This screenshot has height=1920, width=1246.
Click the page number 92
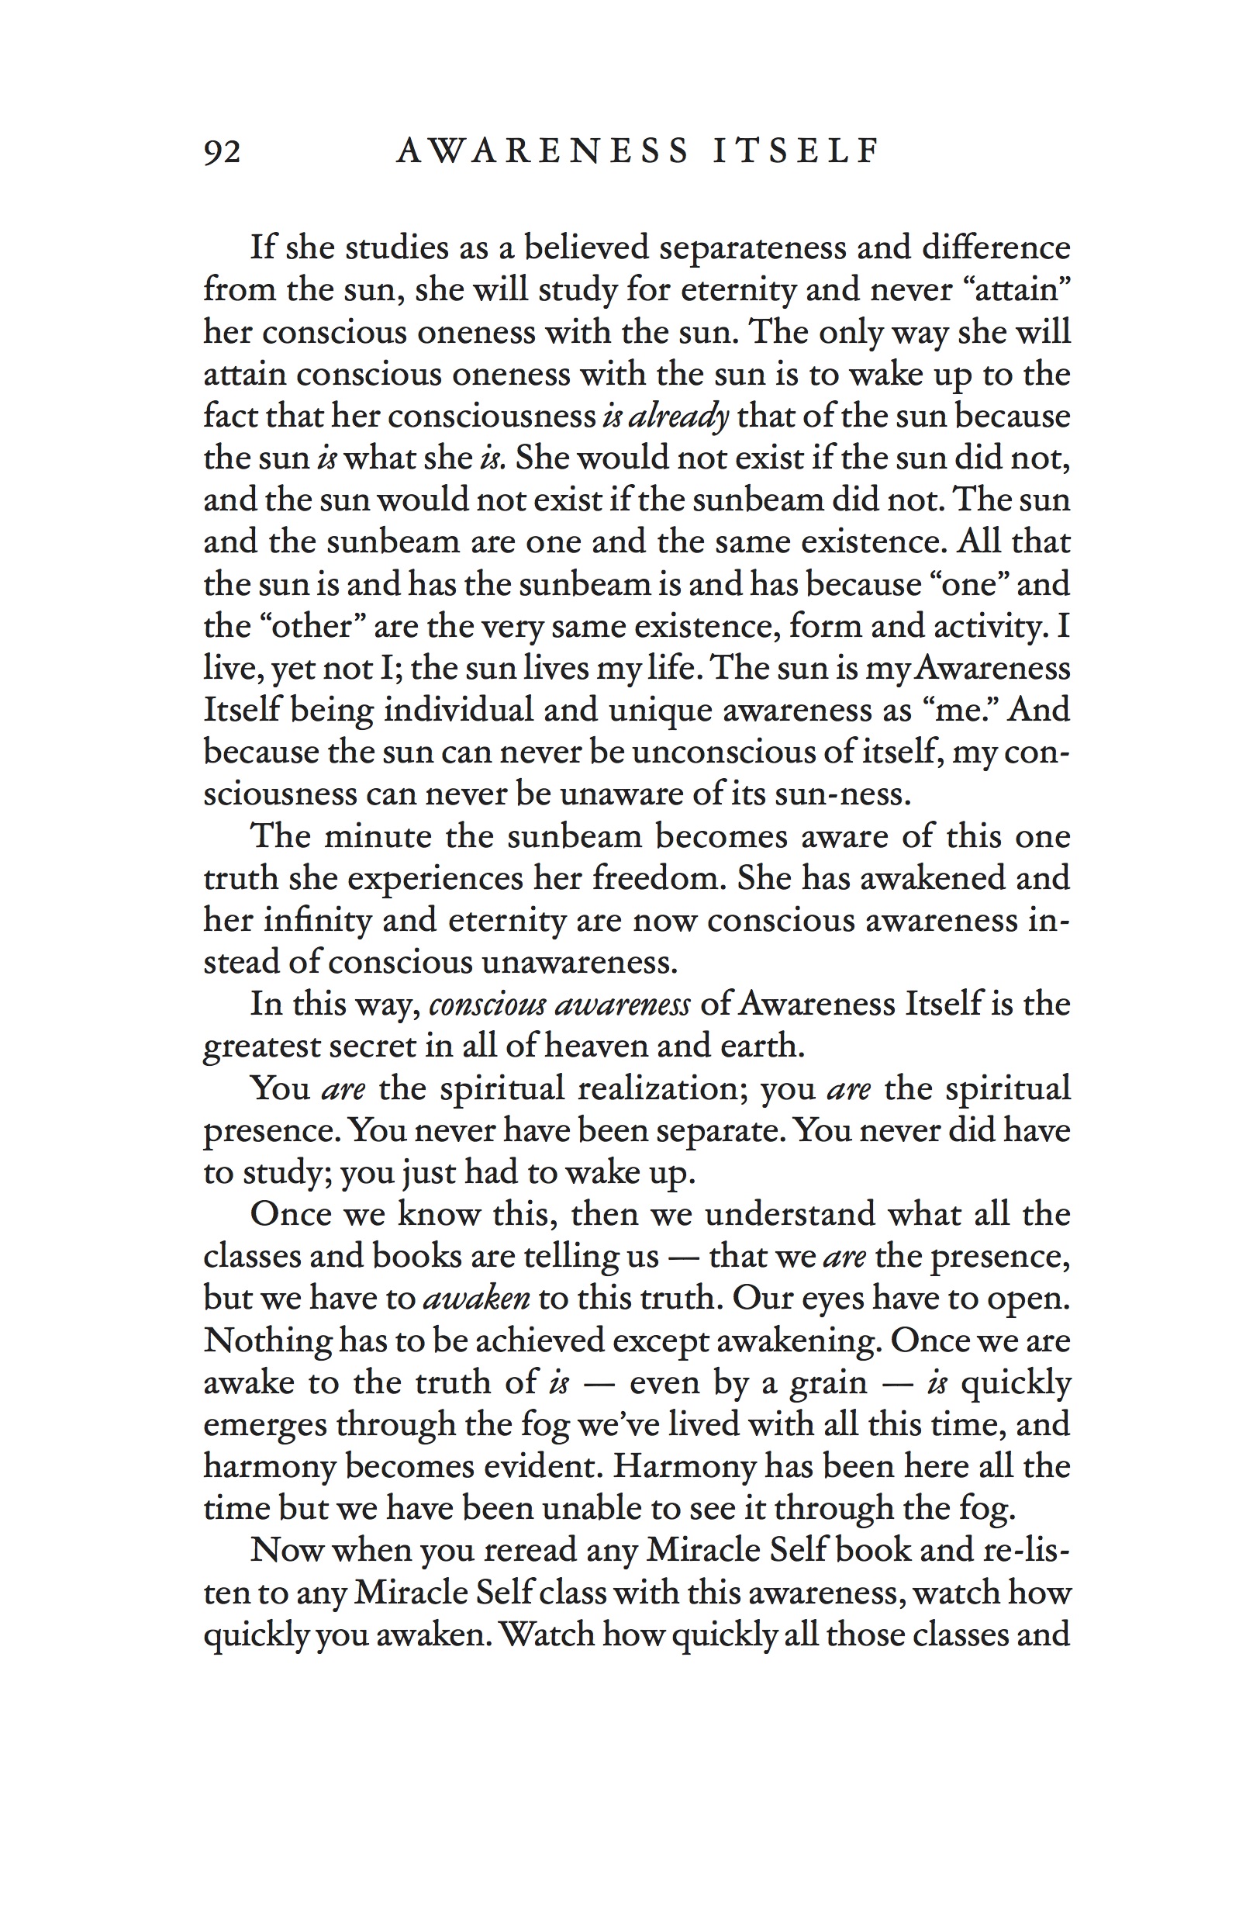222,150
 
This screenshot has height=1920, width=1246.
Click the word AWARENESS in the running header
543,150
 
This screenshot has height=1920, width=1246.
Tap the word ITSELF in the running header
796,150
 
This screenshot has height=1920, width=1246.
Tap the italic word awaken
476,1299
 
